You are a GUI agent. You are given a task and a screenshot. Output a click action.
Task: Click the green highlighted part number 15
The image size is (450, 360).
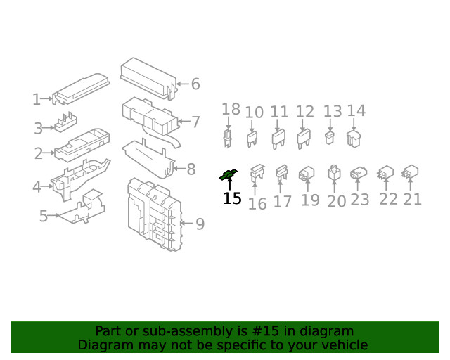pos(229,174)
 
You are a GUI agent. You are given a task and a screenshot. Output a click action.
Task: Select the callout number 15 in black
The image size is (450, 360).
pos(232,199)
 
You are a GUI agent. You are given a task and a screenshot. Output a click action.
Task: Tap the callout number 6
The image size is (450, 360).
pos(195,84)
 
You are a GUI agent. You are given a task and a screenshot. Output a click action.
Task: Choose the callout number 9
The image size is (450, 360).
pos(200,224)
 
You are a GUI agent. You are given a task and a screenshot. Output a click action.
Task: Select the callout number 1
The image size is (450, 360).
pos(37,100)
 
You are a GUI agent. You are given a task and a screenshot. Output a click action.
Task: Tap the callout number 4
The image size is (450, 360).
pos(37,187)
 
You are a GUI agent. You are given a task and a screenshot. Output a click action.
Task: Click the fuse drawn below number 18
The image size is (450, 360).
pos(228,138)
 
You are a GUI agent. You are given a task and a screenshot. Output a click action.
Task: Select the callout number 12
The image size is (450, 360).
pos(304,112)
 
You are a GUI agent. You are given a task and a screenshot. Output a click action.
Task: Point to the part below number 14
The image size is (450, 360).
pos(354,139)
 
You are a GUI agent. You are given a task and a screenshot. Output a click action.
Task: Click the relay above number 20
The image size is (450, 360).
pos(334,173)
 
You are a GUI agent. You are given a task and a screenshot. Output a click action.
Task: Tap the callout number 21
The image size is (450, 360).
pos(412,199)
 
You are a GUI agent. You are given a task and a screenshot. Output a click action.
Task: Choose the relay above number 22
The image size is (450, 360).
pos(385,172)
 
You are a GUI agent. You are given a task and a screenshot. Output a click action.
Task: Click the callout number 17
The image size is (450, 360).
pos(282,202)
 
